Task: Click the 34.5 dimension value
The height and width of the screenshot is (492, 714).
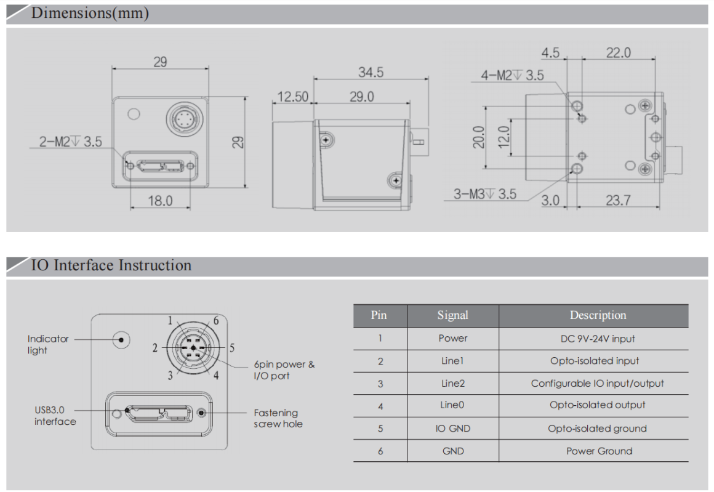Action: (x=371, y=73)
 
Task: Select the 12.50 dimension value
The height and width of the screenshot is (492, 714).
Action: (x=293, y=97)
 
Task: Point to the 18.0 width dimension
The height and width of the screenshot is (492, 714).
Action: (x=160, y=201)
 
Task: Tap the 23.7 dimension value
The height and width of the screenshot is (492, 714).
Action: (x=617, y=201)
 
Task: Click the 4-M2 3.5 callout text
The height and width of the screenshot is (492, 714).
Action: (x=513, y=76)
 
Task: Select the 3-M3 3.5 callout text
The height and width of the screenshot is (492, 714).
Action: (x=485, y=194)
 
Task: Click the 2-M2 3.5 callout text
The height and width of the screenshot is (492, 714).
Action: (x=71, y=142)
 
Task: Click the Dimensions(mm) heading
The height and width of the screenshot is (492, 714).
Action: (x=90, y=14)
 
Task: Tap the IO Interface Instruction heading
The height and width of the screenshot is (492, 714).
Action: (x=111, y=265)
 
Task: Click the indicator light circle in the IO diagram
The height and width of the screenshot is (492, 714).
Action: (x=121, y=339)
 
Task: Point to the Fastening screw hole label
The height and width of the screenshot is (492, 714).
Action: (x=278, y=418)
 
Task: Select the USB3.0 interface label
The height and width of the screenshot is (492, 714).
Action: (x=55, y=416)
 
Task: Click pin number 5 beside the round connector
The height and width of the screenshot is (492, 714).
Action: (x=232, y=348)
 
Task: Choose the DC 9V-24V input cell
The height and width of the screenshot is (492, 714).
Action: (x=598, y=339)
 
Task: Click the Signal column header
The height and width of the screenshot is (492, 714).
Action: (x=452, y=315)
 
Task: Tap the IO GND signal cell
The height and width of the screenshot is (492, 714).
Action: (x=452, y=429)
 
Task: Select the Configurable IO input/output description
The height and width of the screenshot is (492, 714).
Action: (x=598, y=384)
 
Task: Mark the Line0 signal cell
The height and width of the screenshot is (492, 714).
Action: (x=452, y=405)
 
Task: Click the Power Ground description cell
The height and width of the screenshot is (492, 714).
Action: (x=599, y=451)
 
